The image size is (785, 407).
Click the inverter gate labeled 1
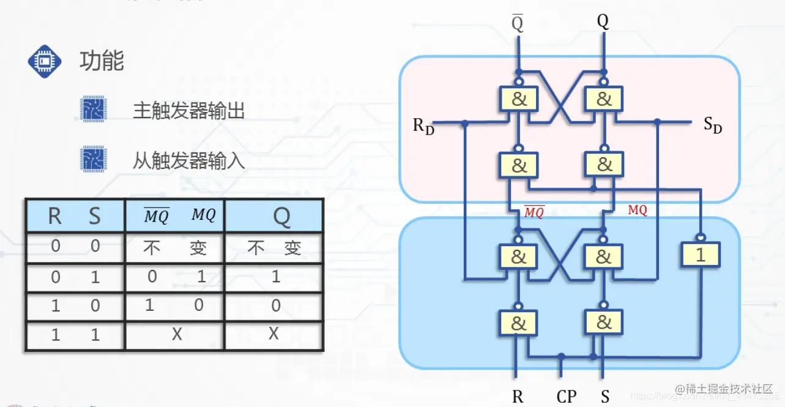pyautogui.click(x=701, y=255)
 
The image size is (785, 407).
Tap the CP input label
pyautogui.click(x=567, y=396)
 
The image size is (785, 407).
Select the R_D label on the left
pyautogui.click(x=423, y=126)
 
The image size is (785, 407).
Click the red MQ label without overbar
pyautogui.click(x=638, y=210)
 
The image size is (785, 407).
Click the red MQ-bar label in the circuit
pyautogui.click(x=534, y=212)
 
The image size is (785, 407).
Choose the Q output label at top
pyautogui.click(x=603, y=23)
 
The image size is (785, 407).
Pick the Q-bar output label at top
pyautogui.click(x=518, y=23)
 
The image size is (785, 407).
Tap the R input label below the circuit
pyautogui.click(x=518, y=396)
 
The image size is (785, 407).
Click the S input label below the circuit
pyautogui.click(x=605, y=396)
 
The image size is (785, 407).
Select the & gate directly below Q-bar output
pyautogui.click(x=518, y=99)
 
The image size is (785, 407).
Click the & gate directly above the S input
pyautogui.click(x=603, y=322)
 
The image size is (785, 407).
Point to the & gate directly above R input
pyautogui.click(x=518, y=322)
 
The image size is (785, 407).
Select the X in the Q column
pyautogui.click(x=273, y=334)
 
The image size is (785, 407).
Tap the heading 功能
pyautogui.click(x=102, y=61)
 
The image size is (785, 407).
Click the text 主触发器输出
pyautogui.click(x=188, y=110)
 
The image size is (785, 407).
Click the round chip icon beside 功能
pyautogui.click(x=45, y=61)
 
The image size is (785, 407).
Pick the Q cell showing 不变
pyautogui.click(x=273, y=247)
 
